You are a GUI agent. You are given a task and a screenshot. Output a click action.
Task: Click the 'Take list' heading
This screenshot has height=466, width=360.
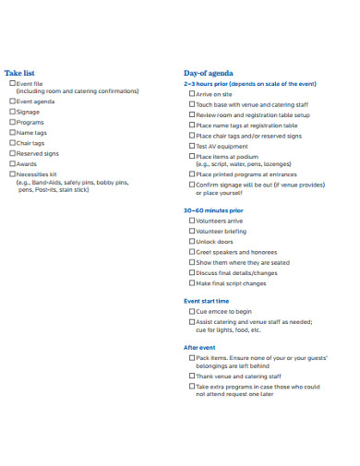[x=20, y=72]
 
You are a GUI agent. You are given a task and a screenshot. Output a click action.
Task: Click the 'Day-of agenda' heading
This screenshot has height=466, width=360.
[x=209, y=72]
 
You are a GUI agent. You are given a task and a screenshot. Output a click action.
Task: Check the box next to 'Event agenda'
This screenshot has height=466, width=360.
[x=13, y=102]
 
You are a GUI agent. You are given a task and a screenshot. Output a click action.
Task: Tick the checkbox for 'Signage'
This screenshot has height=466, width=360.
[x=13, y=112]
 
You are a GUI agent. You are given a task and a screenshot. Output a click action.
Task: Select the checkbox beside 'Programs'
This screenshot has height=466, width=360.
[x=13, y=122]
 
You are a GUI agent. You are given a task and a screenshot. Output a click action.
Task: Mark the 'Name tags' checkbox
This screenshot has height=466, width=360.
[x=13, y=132]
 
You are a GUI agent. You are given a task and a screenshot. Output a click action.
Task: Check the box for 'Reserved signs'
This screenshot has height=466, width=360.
[x=13, y=153]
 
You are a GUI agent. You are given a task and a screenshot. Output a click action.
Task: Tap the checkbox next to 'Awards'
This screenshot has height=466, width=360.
[x=13, y=163]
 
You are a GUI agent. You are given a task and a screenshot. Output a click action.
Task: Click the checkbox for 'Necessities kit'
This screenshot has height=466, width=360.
[x=13, y=173]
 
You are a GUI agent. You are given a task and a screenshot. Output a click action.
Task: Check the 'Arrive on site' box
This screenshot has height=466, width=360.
[x=191, y=94]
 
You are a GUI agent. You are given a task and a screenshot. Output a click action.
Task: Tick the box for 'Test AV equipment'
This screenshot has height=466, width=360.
[x=191, y=146]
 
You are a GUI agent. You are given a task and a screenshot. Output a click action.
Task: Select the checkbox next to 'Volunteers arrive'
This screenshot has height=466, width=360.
[x=191, y=221]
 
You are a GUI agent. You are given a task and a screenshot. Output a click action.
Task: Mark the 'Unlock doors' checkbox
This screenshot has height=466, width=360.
[x=191, y=242]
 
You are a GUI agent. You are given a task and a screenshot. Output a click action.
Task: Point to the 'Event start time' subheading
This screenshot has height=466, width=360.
[x=207, y=301]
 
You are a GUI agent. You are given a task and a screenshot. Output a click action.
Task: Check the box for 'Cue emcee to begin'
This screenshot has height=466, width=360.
[x=191, y=312]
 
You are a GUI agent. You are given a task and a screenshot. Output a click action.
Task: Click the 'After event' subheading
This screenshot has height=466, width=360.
[x=199, y=347]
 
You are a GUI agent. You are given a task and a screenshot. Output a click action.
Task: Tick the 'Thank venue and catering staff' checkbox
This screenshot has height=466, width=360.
[x=191, y=376]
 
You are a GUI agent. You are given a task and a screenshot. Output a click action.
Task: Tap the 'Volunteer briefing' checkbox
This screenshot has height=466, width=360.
[x=191, y=232]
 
